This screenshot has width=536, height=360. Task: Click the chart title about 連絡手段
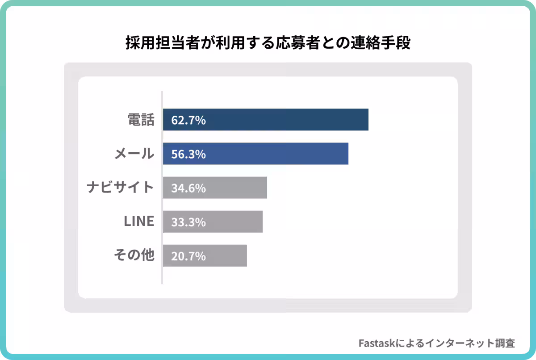point(268,44)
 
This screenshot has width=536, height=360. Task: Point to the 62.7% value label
point(188,120)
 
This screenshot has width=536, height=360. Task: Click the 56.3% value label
point(188,154)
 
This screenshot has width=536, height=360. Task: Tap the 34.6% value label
point(188,188)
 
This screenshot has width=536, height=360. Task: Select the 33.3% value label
point(188,222)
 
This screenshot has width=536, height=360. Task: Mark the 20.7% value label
point(188,256)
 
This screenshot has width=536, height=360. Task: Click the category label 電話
point(141,120)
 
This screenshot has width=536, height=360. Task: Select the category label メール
point(134,154)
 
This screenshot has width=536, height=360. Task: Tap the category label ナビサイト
point(120,188)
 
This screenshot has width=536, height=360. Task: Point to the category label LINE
point(138,221)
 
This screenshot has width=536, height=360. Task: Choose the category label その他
point(134,255)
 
